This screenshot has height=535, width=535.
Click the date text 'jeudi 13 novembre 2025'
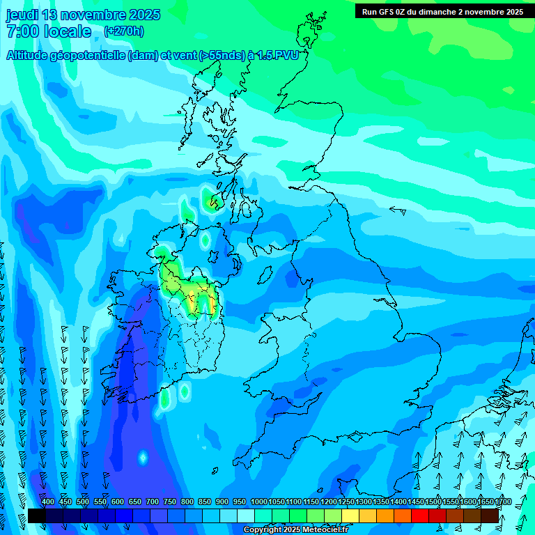[x=83, y=15]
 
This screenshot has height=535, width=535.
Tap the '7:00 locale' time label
[x=49, y=31]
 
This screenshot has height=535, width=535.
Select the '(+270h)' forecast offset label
[x=124, y=31]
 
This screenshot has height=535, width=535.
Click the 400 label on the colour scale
[x=48, y=502]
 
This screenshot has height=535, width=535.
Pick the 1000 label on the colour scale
[x=259, y=502]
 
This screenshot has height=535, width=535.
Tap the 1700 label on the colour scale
[x=503, y=502]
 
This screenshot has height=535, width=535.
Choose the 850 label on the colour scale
[x=205, y=502]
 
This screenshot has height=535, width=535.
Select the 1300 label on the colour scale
[x=364, y=502]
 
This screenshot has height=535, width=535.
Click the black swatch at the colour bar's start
[x=37, y=515]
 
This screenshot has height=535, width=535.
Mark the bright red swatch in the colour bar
[x=420, y=515]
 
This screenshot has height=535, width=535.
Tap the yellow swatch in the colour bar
[x=350, y=515]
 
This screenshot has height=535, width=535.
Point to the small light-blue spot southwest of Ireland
[x=143, y=458]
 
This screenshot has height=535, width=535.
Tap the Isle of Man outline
[x=264, y=276]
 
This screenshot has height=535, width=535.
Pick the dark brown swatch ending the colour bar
[x=490, y=515]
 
